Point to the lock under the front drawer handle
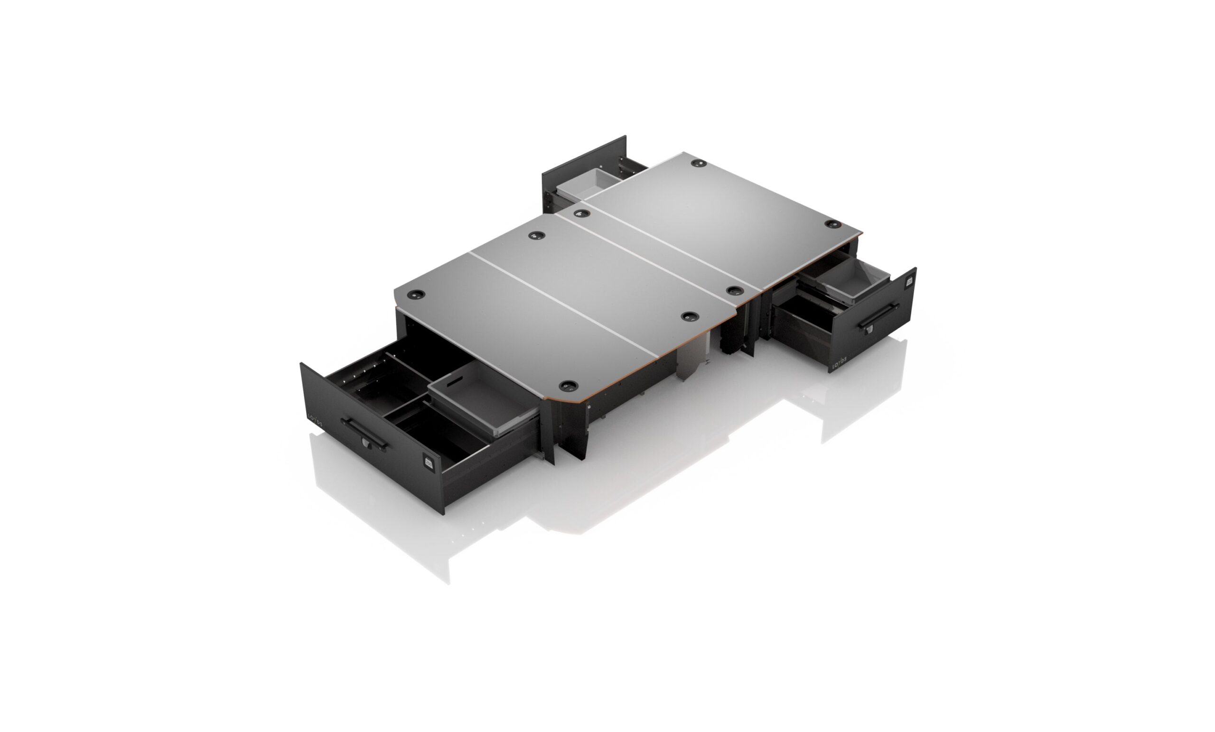(365, 443)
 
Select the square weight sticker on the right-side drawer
(910, 282)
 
